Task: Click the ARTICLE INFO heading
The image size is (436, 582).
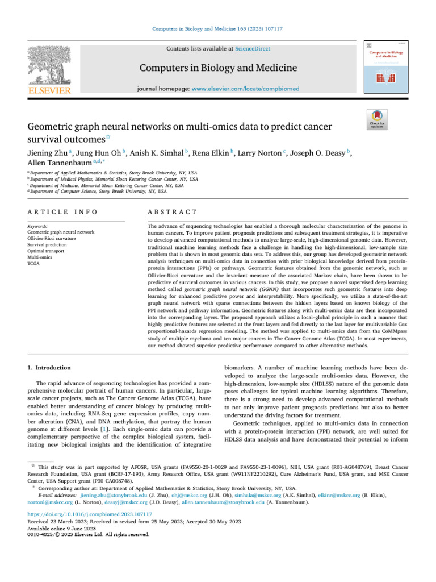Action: pyautogui.click(x=62, y=212)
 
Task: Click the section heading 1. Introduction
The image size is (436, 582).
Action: pyautogui.click(x=49, y=368)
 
